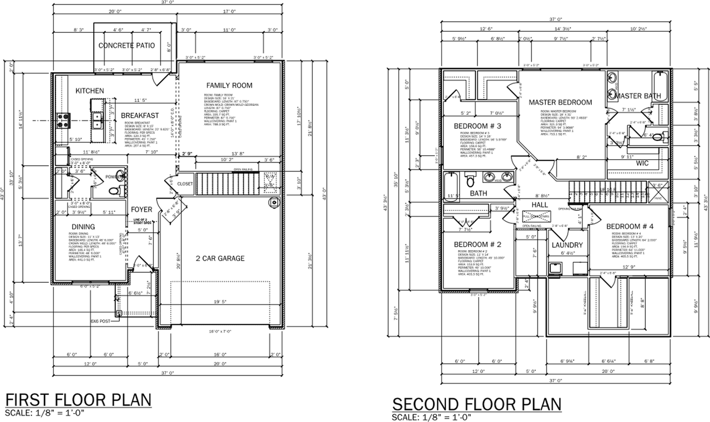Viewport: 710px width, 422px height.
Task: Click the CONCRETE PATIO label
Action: pyautogui.click(x=126, y=45)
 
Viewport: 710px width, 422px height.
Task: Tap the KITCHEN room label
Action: pyautogui.click(x=90, y=90)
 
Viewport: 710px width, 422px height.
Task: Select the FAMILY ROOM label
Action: pyautogui.click(x=229, y=85)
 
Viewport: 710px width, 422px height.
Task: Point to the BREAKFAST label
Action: pyautogui.click(x=140, y=115)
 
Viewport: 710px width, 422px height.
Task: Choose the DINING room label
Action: pyautogui.click(x=83, y=226)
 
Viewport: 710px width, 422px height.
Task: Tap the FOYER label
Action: pyautogui.click(x=141, y=210)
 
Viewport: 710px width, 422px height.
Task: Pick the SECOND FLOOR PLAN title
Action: pyautogui.click(x=476, y=403)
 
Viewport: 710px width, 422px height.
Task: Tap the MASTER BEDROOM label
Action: pyautogui.click(x=560, y=103)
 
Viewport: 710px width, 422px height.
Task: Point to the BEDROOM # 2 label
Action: pyautogui.click(x=478, y=245)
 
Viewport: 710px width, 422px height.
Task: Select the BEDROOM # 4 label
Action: pyautogui.click(x=630, y=226)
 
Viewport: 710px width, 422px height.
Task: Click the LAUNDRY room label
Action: pyautogui.click(x=567, y=245)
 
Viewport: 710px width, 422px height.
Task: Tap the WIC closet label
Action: pyautogui.click(x=642, y=164)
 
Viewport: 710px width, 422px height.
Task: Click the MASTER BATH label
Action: pyautogui.click(x=637, y=96)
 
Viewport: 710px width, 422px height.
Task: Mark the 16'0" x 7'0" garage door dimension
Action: pyautogui.click(x=220, y=331)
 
